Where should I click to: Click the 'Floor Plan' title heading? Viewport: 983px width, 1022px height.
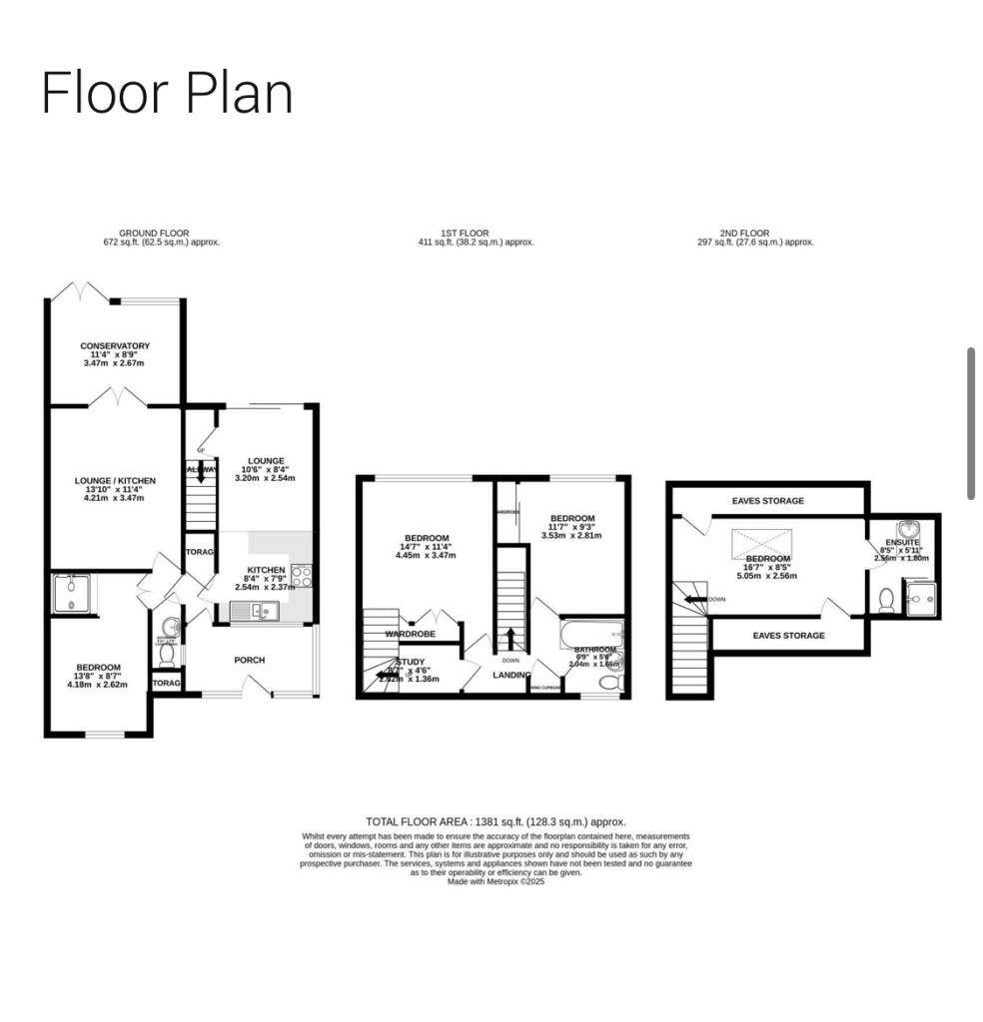[x=167, y=94]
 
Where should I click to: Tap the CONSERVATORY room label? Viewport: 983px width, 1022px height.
[x=115, y=346]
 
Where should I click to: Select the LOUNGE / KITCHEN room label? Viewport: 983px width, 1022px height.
[x=115, y=481]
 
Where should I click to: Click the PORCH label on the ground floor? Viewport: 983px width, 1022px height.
[x=249, y=659]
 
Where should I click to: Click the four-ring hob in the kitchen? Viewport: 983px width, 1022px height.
[x=301, y=576]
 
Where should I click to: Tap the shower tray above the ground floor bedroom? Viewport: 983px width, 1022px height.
[x=72, y=594]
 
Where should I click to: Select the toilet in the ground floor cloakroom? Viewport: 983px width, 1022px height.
[x=168, y=654]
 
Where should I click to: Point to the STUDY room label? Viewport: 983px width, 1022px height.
[x=411, y=662]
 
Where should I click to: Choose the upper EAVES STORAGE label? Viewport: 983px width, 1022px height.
[x=767, y=501]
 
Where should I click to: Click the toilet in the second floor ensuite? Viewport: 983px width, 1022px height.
[x=885, y=599]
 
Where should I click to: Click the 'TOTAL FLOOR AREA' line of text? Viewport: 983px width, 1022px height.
[x=495, y=821]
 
